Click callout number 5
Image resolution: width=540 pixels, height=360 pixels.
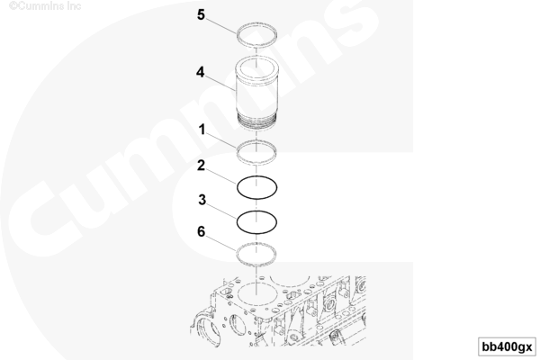click(201, 14)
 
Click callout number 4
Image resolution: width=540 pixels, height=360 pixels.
click(200, 72)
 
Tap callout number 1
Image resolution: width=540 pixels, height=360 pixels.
click(202, 130)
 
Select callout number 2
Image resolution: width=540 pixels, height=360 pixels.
click(201, 166)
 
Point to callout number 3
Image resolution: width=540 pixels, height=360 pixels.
click(202, 200)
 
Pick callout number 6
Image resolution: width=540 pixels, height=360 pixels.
click(201, 231)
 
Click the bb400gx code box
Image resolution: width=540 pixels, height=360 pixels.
click(507, 346)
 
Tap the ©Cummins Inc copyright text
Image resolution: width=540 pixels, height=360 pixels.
click(45, 6)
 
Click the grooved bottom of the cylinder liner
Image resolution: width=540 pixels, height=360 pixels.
click(256, 122)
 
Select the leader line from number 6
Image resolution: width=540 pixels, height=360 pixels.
click(220, 242)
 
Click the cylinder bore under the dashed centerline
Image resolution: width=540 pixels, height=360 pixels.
click(238, 292)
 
